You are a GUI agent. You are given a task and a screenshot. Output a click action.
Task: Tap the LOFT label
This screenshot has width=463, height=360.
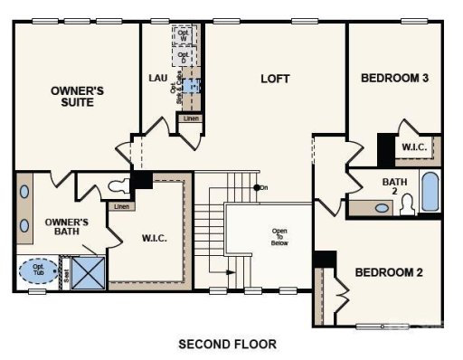(x=275, y=79)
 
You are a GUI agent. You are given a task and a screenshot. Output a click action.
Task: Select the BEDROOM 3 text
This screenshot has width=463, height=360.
(x=394, y=78)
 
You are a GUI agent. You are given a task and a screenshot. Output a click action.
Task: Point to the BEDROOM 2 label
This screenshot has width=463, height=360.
(x=389, y=272)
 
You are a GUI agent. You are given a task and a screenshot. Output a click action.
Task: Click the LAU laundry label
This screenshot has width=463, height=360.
(x=157, y=78)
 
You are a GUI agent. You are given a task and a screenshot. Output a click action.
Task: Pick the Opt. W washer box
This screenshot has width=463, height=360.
(x=184, y=36)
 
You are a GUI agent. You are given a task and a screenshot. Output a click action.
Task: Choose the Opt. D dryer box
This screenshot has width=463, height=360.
(x=184, y=57)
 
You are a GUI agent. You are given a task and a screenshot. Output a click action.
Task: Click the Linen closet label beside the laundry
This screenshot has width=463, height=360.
(x=190, y=118)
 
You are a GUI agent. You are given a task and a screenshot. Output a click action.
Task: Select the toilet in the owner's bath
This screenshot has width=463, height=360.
(x=117, y=187)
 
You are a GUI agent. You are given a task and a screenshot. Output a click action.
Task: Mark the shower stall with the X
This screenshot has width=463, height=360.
(x=89, y=270)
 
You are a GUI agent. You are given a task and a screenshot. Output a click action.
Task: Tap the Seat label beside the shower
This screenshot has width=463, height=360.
(x=64, y=270)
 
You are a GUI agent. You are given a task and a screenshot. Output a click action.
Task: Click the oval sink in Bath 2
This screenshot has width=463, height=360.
(x=383, y=208)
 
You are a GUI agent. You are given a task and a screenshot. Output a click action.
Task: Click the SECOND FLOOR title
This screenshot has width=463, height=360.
(x=227, y=344)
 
